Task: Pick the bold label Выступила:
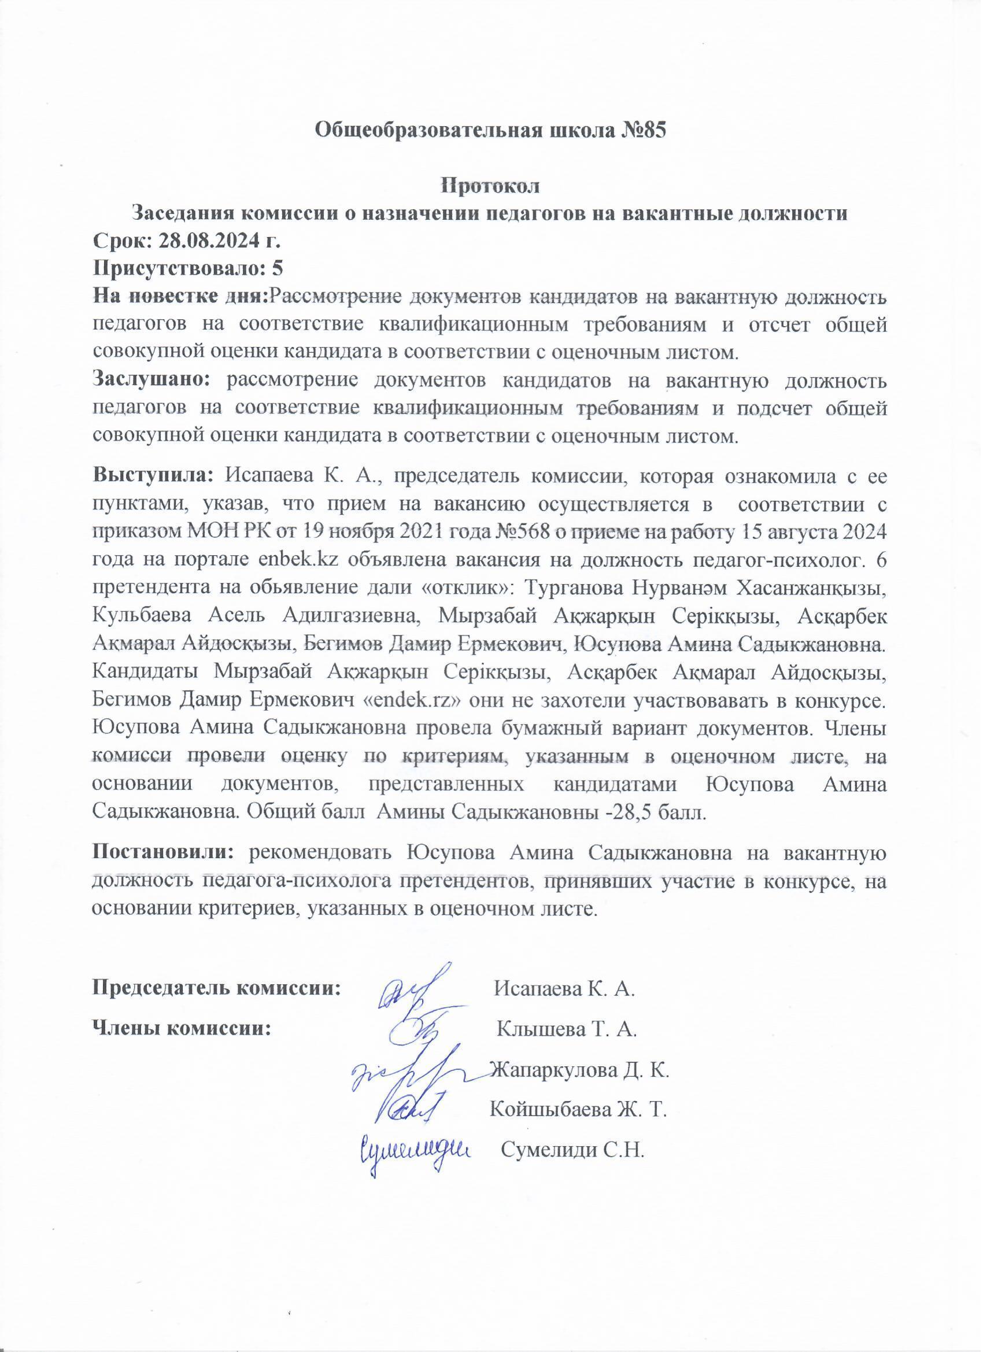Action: coord(153,476)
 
